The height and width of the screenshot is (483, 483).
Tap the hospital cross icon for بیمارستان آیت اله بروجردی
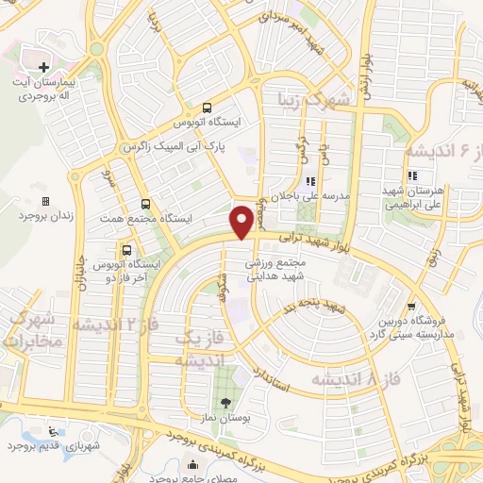click(x=44, y=67)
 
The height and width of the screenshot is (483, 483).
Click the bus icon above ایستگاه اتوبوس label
click(x=207, y=108)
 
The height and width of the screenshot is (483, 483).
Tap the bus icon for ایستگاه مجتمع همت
click(x=145, y=203)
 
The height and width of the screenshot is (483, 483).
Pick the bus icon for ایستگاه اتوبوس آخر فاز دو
click(x=125, y=250)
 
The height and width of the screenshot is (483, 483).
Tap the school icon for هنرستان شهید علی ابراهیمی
click(x=412, y=176)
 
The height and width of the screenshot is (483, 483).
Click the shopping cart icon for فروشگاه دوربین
click(x=408, y=306)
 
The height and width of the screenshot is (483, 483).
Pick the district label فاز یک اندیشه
click(x=198, y=348)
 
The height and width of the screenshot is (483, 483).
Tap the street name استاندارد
click(x=280, y=362)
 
